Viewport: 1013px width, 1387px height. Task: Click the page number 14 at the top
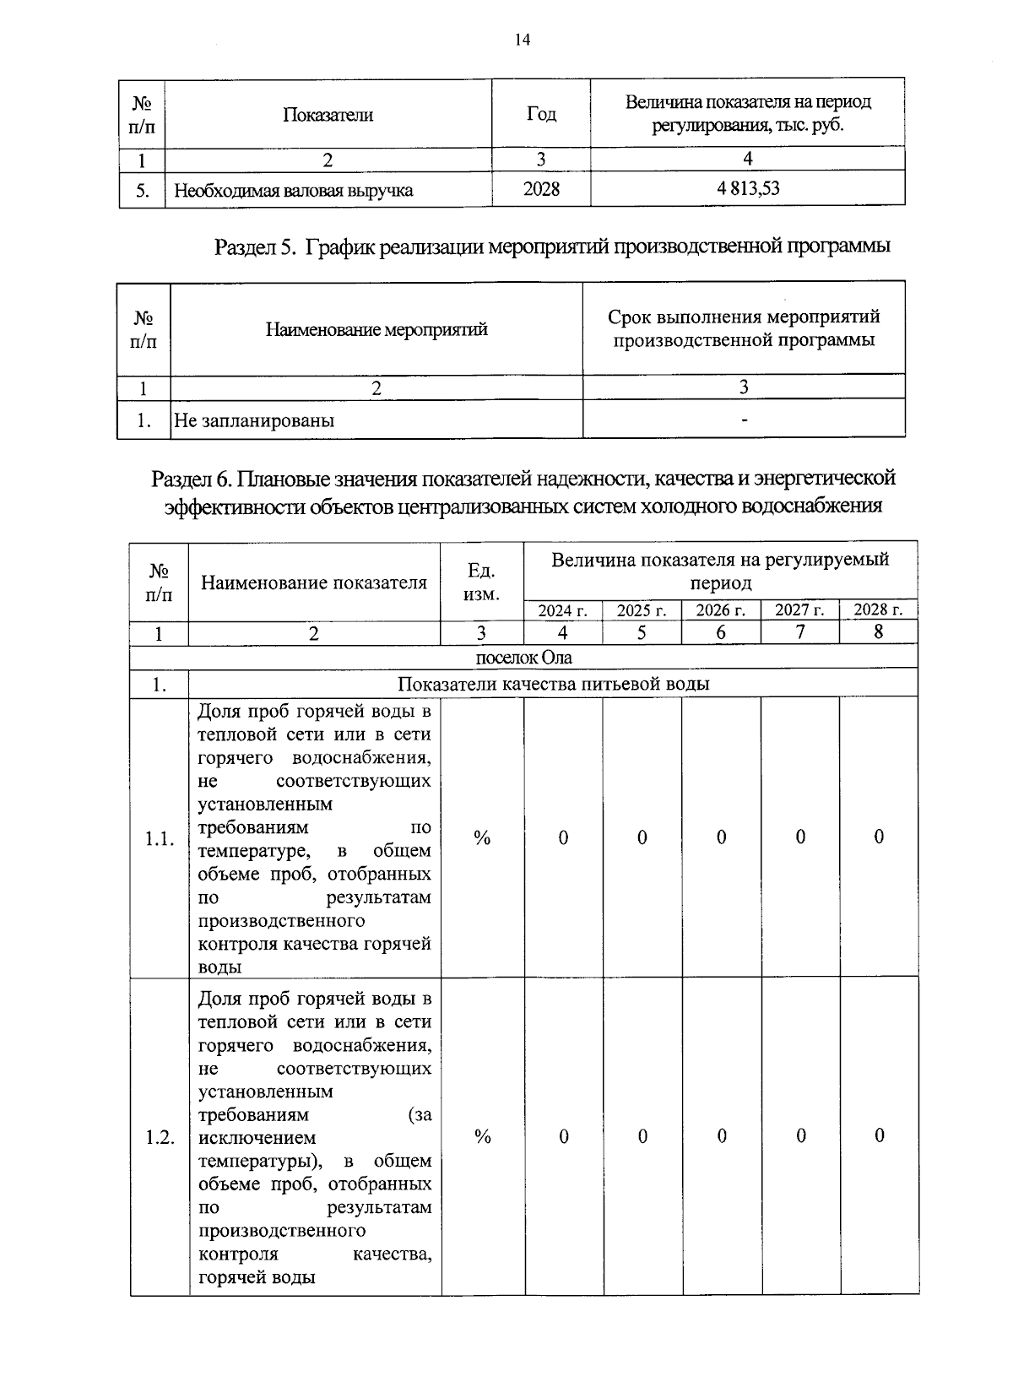click(x=522, y=39)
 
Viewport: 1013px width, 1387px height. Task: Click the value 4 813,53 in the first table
click(x=748, y=188)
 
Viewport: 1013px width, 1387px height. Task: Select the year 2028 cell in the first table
click(x=541, y=189)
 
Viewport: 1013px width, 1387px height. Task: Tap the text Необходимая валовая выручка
click(x=293, y=190)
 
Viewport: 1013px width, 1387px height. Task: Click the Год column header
click(x=541, y=113)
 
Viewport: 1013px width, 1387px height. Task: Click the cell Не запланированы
click(x=254, y=420)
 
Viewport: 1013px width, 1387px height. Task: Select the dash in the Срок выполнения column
click(x=744, y=419)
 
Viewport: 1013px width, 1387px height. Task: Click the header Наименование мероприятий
click(x=376, y=329)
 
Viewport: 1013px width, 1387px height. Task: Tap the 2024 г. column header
click(x=563, y=610)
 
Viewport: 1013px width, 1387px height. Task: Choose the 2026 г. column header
click(x=721, y=610)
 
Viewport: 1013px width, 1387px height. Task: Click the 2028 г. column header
click(x=879, y=610)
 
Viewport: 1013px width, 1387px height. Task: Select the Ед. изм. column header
click(x=482, y=582)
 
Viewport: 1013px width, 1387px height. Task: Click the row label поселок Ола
click(x=523, y=657)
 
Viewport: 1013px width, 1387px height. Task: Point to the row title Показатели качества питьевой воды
click(x=553, y=683)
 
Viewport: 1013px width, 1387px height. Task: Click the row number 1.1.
click(x=160, y=839)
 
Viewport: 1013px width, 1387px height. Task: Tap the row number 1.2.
click(x=160, y=1137)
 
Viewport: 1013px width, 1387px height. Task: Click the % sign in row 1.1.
click(x=482, y=837)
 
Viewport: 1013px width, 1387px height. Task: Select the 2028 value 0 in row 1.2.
click(x=879, y=1136)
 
